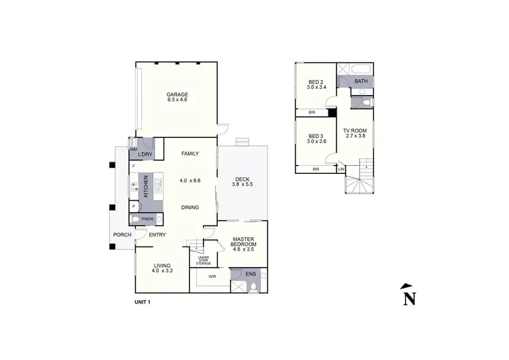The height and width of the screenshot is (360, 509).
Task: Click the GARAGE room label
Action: tap(177, 94)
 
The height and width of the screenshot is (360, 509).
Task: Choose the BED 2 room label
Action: tap(317, 81)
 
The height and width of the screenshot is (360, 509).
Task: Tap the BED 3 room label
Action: tap(317, 135)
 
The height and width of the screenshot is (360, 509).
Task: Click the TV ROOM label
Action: tap(355, 130)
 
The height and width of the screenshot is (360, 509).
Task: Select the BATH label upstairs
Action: tap(361, 82)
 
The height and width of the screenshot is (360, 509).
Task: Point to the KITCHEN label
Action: tap(145, 187)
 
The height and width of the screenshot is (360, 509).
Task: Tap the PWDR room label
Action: tap(147, 219)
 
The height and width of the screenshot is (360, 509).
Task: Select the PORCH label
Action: tap(122, 235)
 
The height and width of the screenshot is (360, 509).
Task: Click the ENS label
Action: tap(250, 275)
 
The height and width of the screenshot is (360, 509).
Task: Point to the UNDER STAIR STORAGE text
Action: tap(203, 260)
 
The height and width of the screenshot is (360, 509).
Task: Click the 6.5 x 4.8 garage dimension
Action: tap(177, 101)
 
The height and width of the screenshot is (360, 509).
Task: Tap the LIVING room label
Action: tap(162, 265)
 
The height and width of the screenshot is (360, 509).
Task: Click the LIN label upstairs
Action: tap(341, 169)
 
